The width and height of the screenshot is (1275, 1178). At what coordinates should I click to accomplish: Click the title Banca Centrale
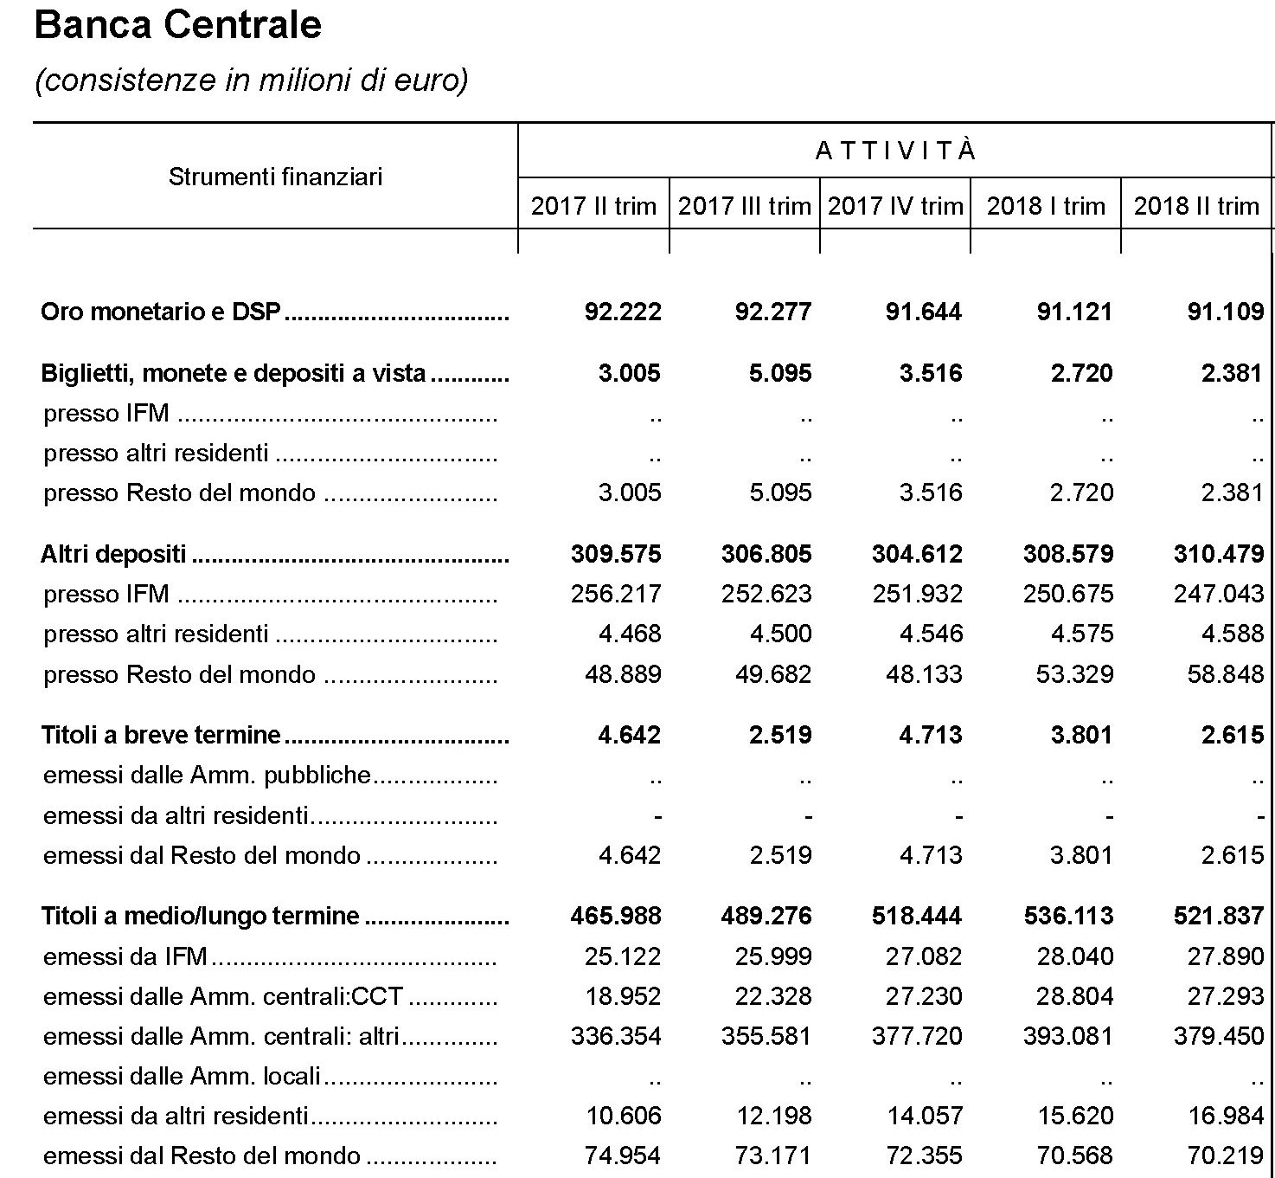tap(177, 25)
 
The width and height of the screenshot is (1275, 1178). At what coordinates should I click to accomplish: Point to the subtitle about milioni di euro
tap(251, 80)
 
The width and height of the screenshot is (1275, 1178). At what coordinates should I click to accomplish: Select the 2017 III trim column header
tap(744, 206)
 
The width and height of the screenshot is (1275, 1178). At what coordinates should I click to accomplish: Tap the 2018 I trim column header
tap(1046, 206)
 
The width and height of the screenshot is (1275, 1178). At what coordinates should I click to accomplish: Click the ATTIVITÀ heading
tap(895, 151)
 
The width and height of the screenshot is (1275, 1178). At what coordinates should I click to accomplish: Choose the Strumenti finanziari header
tap(275, 177)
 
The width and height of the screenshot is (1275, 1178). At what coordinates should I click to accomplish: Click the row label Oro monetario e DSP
tap(162, 312)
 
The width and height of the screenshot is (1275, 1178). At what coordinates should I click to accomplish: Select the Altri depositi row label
tap(113, 554)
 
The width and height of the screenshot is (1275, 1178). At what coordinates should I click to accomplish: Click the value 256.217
tap(616, 594)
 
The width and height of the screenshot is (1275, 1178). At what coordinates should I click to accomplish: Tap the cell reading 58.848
tap(1226, 674)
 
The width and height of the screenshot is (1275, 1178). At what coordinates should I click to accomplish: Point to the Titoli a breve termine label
tap(162, 735)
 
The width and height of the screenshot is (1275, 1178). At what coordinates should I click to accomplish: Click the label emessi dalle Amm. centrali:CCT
tap(223, 996)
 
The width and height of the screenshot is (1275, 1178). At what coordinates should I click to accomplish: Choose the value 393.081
tap(1068, 1036)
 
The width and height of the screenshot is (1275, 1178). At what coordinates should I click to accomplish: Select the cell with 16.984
tap(1226, 1116)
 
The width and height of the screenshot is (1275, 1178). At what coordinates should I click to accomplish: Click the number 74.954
tap(623, 1155)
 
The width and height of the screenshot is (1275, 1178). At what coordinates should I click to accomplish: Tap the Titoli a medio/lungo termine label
tap(201, 916)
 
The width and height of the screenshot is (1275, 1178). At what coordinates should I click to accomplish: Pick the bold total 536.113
tap(1068, 916)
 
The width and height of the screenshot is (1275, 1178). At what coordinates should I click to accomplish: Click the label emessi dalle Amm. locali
tap(183, 1076)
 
